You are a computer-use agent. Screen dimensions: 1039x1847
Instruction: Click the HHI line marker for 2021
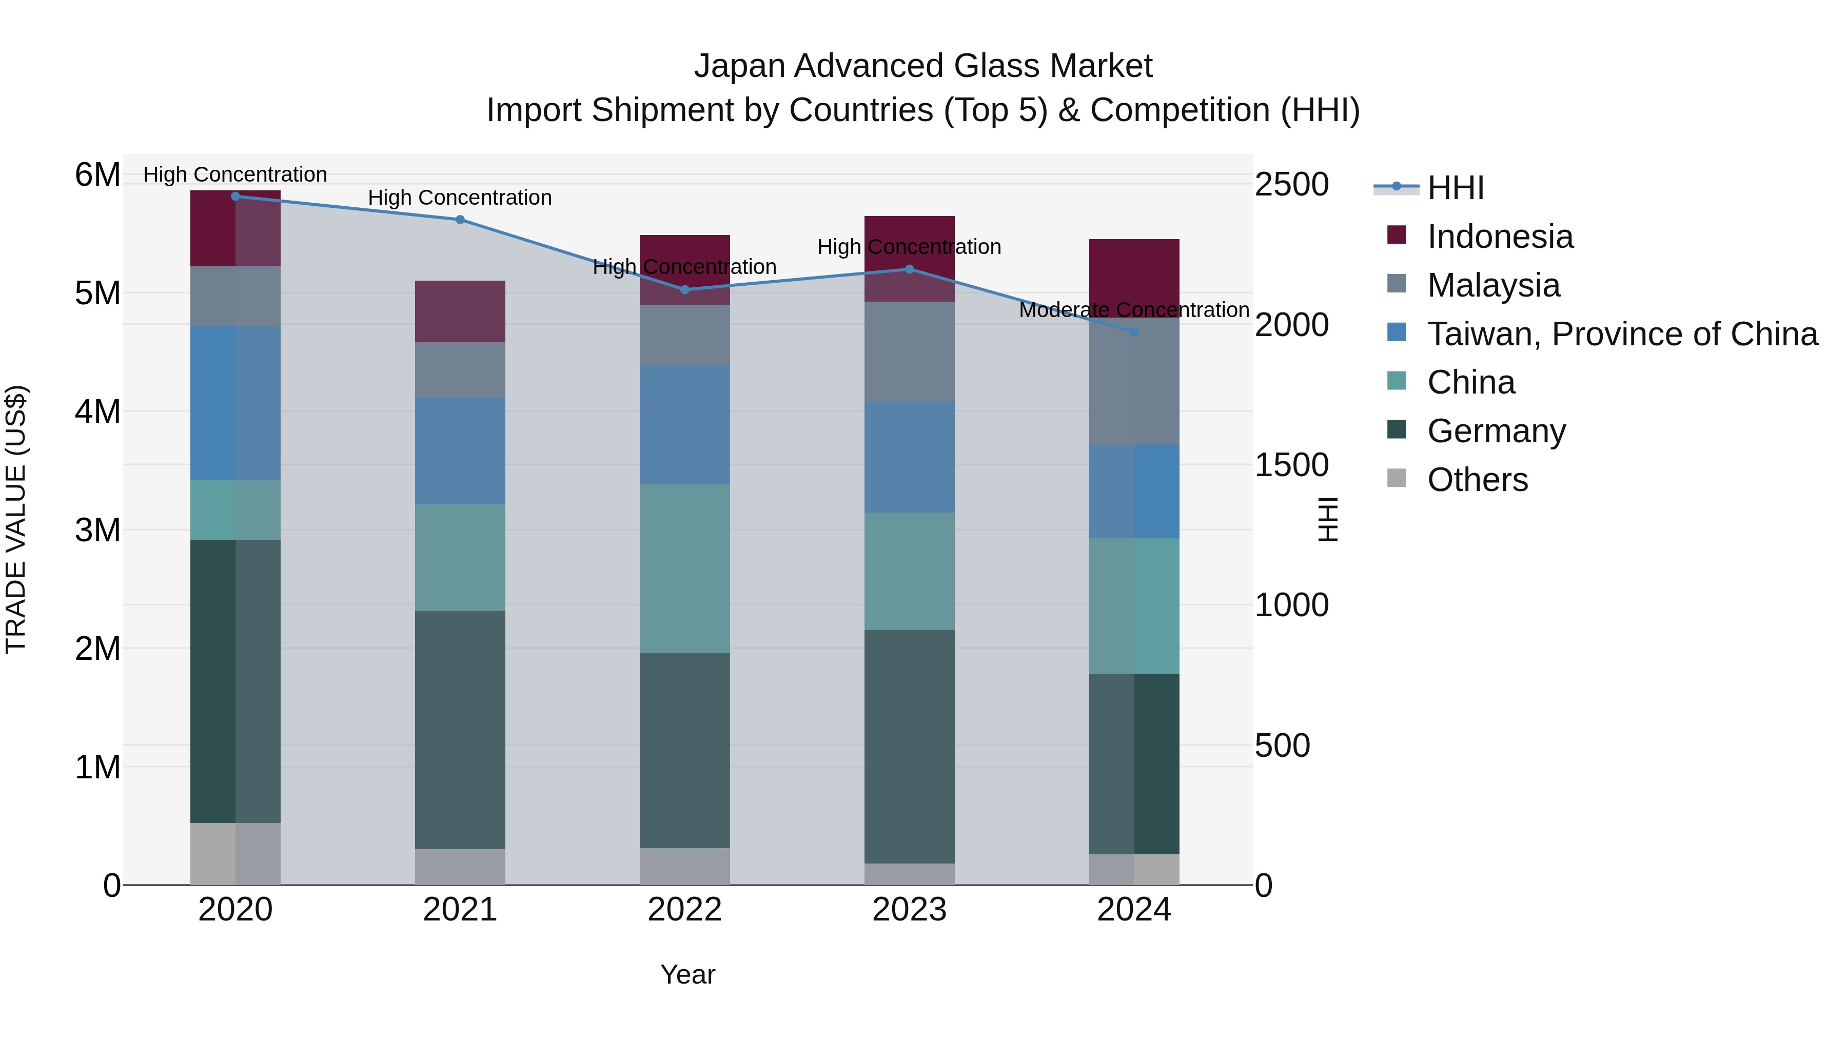click(460, 220)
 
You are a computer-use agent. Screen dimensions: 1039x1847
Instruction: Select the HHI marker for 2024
click(1134, 332)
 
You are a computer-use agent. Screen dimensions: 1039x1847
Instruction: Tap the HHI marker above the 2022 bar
click(685, 290)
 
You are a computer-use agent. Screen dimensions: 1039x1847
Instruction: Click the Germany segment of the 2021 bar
click(460, 730)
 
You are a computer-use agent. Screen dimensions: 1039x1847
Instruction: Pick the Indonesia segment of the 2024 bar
click(1134, 276)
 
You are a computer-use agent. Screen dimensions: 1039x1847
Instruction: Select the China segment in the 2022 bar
click(685, 568)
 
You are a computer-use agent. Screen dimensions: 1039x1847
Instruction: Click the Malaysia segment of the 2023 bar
click(909, 351)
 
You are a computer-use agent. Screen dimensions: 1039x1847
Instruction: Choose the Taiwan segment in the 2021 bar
click(460, 451)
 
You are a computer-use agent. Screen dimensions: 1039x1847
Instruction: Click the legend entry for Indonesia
click(1500, 237)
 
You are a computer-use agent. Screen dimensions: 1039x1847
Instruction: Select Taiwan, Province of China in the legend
click(1622, 334)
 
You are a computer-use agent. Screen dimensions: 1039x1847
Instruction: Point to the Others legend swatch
click(1396, 478)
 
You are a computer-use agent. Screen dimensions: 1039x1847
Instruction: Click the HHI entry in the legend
click(1455, 188)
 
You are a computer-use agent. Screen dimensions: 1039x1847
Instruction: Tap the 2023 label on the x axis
click(909, 910)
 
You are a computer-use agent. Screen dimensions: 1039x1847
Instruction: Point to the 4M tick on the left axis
click(97, 411)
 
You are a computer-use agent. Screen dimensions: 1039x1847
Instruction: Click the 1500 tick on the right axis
click(1291, 465)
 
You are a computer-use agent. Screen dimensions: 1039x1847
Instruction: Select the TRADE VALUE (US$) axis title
click(16, 519)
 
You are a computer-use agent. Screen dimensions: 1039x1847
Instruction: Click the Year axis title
click(687, 974)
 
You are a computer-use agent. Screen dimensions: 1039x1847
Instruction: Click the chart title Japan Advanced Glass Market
click(923, 66)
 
